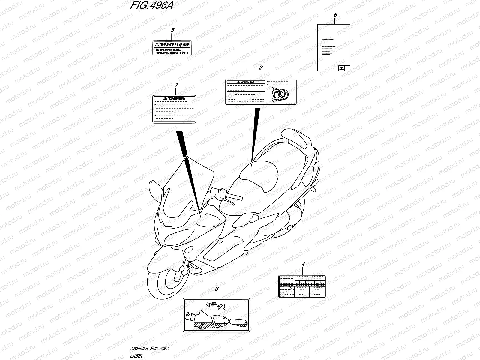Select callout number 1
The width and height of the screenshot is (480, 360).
[x=176, y=85]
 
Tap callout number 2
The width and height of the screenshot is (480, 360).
[x=261, y=68]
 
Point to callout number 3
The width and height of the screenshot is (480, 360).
[x=217, y=289]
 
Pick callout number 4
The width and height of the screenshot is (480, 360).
[x=303, y=264]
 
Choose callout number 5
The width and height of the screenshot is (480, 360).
[x=172, y=30]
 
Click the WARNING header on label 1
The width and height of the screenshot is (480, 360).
[x=174, y=98]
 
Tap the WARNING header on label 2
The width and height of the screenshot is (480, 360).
[x=245, y=82]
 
